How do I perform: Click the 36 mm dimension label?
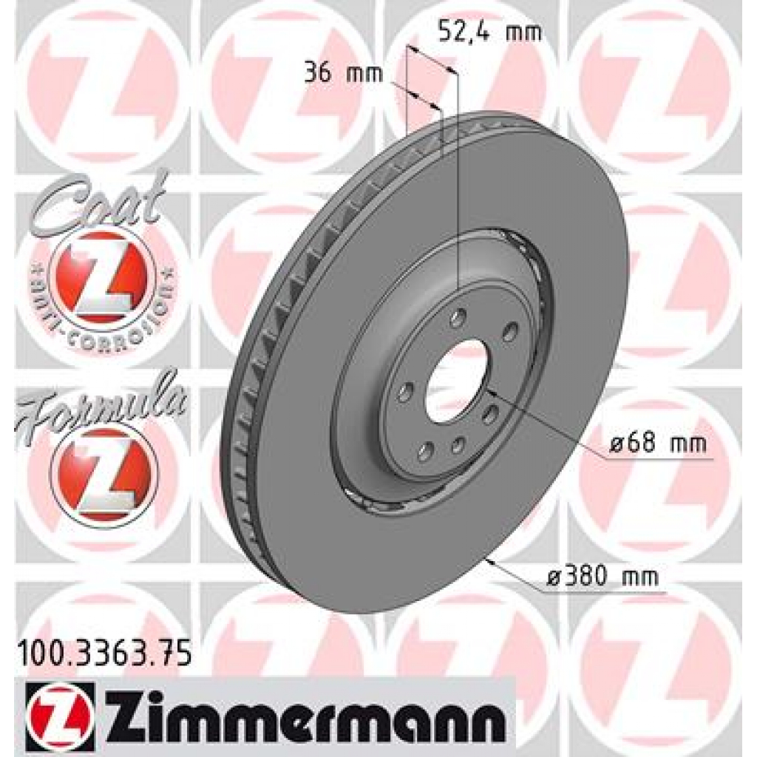(x=343, y=73)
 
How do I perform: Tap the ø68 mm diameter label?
(x=658, y=444)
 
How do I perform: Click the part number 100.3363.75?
(x=103, y=654)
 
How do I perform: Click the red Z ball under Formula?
(x=103, y=474)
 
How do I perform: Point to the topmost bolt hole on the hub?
(x=458, y=319)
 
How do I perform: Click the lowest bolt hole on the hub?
(x=424, y=451)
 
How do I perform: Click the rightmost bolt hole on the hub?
(x=509, y=333)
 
